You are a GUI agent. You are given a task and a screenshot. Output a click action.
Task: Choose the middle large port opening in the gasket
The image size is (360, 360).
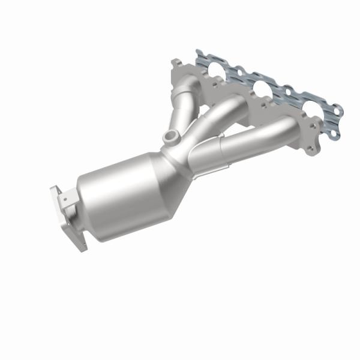click(261, 90)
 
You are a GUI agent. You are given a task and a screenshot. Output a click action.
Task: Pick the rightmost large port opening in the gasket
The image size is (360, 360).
click(310, 111)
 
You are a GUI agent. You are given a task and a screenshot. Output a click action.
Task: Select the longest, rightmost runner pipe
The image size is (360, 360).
click(258, 135)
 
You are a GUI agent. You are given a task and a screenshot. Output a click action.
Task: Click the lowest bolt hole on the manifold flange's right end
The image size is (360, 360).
click(312, 148)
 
